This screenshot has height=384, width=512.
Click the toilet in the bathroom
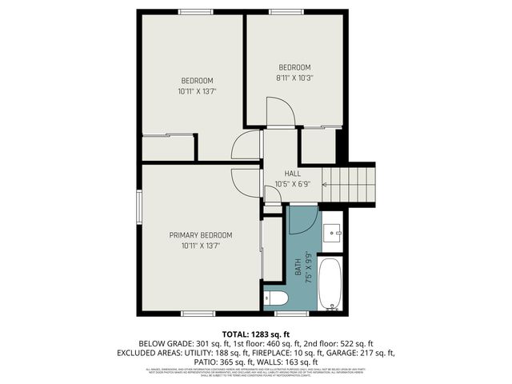pos(277,298)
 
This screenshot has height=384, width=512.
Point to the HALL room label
pos(293,174)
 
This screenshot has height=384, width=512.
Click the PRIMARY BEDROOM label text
pos(200,235)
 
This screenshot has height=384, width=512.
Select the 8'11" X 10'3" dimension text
pos(294,78)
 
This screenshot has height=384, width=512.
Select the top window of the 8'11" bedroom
pos(281,12)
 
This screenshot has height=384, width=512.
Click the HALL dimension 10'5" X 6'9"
pos(292,184)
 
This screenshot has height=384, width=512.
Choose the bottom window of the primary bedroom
pos(198,313)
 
